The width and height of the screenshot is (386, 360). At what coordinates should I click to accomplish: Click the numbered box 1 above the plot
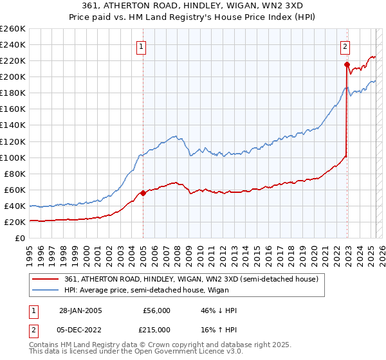[x=140, y=46]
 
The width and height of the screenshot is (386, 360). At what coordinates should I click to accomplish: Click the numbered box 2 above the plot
[x=345, y=46]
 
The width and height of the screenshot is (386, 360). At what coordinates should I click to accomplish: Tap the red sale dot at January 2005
[x=143, y=193]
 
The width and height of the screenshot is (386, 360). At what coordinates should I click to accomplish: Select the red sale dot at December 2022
[x=347, y=64]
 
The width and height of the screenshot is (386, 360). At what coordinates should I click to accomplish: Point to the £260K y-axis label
[x=12, y=29]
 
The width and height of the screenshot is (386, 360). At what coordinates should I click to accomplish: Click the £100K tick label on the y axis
[x=12, y=157]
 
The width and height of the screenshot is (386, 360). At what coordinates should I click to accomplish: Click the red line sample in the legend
[x=46, y=279]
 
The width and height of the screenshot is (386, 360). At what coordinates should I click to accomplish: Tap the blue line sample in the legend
[x=46, y=291]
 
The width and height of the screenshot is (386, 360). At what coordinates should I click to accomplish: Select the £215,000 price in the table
[x=157, y=329]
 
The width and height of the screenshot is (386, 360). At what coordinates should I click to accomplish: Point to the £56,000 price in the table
[x=157, y=310]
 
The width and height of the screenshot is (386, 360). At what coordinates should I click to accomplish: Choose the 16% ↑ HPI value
[x=219, y=329]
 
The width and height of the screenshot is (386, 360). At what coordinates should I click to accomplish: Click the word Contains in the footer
[x=46, y=346]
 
